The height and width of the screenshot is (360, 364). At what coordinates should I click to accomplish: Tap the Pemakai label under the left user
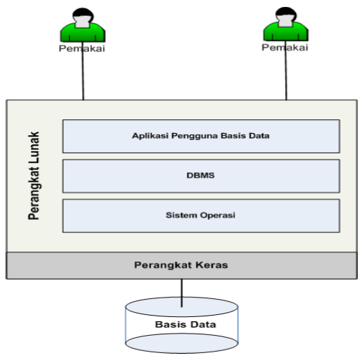click(x=82, y=49)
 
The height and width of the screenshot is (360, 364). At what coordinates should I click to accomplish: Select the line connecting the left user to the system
click(x=83, y=76)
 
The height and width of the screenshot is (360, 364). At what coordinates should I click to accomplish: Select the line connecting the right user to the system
click(x=286, y=76)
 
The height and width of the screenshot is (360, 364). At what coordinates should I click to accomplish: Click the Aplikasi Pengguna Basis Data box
click(x=200, y=136)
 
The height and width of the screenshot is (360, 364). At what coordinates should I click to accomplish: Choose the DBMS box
click(x=200, y=175)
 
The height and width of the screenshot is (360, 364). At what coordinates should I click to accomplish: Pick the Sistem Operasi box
click(x=200, y=216)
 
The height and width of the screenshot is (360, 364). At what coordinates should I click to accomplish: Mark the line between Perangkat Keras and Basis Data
click(x=182, y=291)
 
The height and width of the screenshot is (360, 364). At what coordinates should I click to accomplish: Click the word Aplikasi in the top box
click(x=148, y=136)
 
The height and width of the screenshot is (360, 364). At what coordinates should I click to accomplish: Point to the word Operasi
click(x=218, y=215)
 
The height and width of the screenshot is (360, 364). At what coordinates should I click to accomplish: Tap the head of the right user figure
click(x=285, y=16)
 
